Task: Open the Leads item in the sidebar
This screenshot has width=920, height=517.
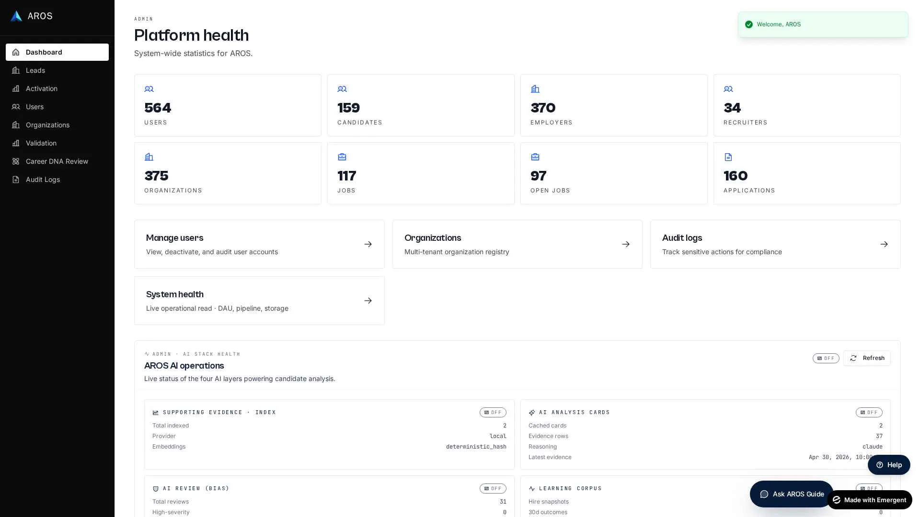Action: tap(35, 70)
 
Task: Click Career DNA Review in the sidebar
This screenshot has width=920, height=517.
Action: tap(57, 161)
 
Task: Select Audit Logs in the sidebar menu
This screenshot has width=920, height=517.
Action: tap(43, 180)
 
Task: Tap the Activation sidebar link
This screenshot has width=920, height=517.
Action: tap(41, 89)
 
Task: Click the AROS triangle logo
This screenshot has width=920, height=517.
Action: tap(16, 16)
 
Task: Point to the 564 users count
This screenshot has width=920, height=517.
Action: tap(158, 108)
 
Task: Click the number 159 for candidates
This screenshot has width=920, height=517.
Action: tap(348, 108)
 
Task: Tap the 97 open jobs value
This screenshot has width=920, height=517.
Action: tap(538, 176)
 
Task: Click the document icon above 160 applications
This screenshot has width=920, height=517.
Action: tap(728, 157)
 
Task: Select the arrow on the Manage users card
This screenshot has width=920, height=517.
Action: tap(368, 244)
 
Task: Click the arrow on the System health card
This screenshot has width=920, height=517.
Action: tap(368, 301)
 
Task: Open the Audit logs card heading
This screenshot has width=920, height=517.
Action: tap(682, 238)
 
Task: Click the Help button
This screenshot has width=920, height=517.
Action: tap(889, 465)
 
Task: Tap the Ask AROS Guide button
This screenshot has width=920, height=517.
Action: tap(792, 494)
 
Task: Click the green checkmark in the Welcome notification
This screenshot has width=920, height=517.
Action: tap(748, 24)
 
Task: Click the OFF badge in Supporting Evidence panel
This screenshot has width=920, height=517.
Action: tap(493, 412)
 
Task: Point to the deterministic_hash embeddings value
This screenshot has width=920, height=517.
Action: tap(476, 447)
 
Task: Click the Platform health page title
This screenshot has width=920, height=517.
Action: tap(191, 35)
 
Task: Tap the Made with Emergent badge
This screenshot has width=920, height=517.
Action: tap(869, 500)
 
